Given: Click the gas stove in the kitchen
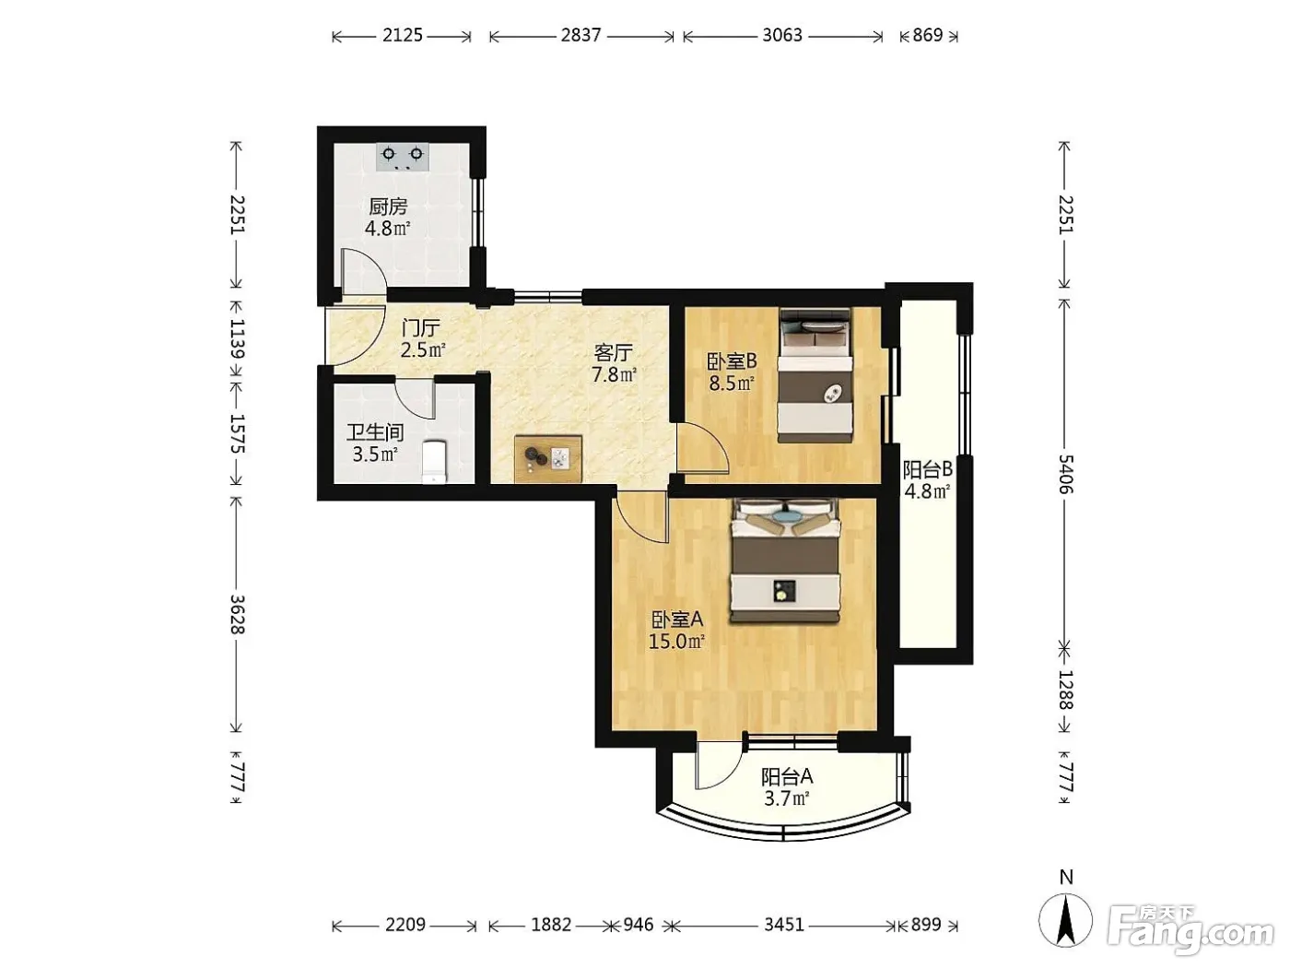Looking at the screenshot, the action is tap(403, 157).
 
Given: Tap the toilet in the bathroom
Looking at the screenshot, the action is tap(434, 462).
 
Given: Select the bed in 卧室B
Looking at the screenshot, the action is tap(815, 375).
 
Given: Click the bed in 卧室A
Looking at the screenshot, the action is tap(784, 560).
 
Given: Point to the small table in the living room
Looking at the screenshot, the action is tap(547, 459).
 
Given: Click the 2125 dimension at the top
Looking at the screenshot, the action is tap(403, 35).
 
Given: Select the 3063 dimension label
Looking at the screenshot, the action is tap(782, 35).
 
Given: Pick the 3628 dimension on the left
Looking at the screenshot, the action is tap(237, 614).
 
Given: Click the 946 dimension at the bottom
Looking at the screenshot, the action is tap(639, 925).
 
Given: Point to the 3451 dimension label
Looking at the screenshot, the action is tap(784, 925).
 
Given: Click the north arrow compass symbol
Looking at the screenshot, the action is tap(1065, 920).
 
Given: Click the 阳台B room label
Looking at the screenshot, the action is tap(928, 469).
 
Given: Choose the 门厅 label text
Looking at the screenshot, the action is tap(421, 328).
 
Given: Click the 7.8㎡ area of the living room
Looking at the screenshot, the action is tap(615, 374).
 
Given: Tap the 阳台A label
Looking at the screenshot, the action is tap(787, 777).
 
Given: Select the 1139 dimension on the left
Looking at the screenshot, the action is tap(237, 338).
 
